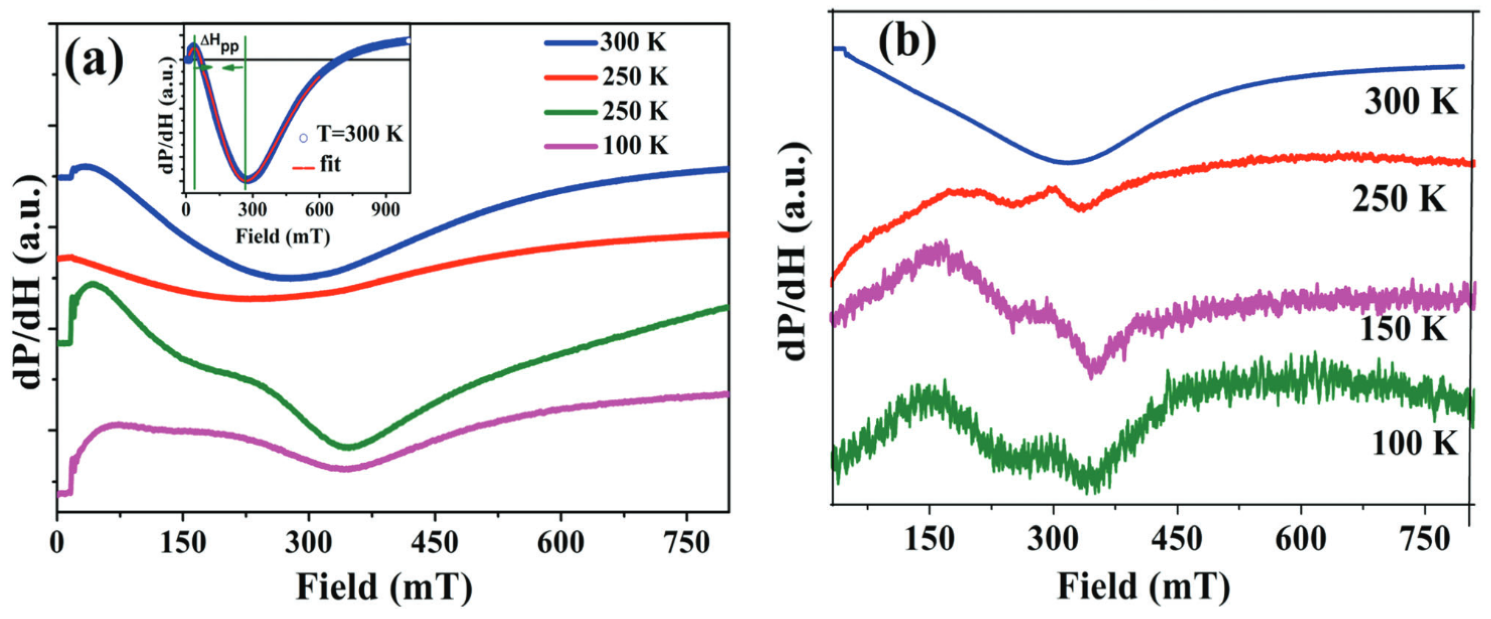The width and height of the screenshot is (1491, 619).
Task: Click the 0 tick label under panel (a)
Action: point(57,543)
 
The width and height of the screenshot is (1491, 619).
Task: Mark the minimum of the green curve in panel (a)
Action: point(347,447)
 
